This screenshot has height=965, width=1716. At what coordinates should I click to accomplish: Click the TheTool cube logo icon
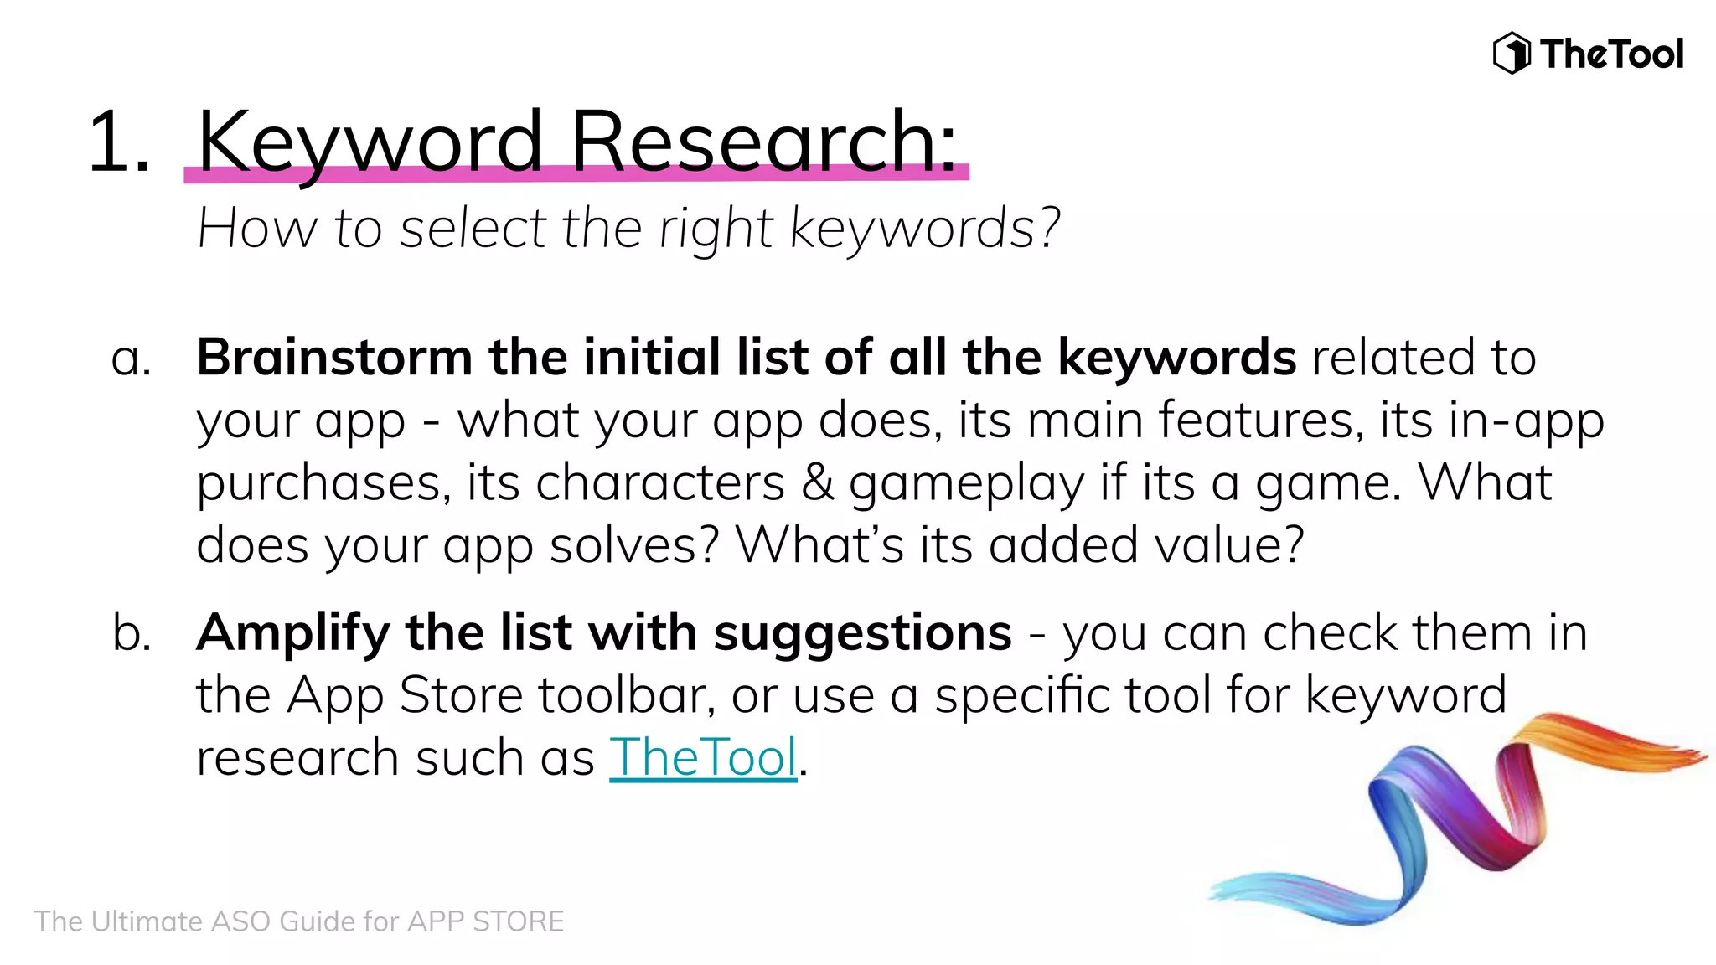(1512, 53)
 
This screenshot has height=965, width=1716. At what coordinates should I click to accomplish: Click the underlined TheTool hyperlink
(702, 757)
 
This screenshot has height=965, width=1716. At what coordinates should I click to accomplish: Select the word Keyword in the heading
(370, 142)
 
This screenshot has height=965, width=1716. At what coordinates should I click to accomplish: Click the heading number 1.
(118, 142)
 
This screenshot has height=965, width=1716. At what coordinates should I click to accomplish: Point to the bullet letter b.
(132, 633)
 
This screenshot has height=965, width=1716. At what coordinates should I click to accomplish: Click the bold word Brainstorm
(334, 358)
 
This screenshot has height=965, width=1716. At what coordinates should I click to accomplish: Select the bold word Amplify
(292, 633)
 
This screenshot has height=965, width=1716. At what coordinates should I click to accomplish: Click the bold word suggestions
(862, 633)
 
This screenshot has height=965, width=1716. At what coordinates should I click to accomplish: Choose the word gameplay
(966, 484)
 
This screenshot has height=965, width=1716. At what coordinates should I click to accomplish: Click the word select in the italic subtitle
(473, 229)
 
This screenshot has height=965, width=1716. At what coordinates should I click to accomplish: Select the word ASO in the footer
(242, 921)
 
